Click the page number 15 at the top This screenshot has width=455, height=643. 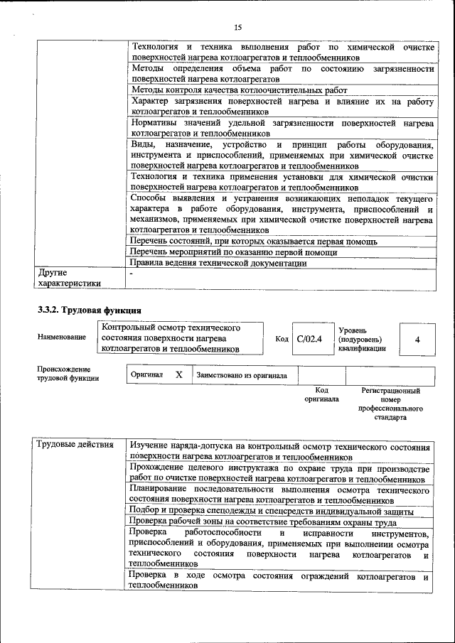pyautogui.click(x=237, y=28)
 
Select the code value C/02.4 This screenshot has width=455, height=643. pyautogui.click(x=309, y=339)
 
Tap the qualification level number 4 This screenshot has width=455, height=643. pyautogui.click(x=417, y=340)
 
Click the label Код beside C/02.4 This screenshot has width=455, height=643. pyautogui.click(x=282, y=340)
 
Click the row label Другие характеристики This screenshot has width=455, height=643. pyautogui.click(x=68, y=277)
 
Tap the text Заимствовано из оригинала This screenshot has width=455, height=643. pyautogui.click(x=242, y=375)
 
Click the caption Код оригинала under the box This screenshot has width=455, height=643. pyautogui.click(x=321, y=395)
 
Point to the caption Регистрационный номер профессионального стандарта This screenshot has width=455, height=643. pyautogui.click(x=390, y=404)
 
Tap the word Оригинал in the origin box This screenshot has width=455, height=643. pyautogui.click(x=147, y=375)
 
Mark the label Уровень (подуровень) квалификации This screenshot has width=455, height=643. pyautogui.click(x=363, y=340)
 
